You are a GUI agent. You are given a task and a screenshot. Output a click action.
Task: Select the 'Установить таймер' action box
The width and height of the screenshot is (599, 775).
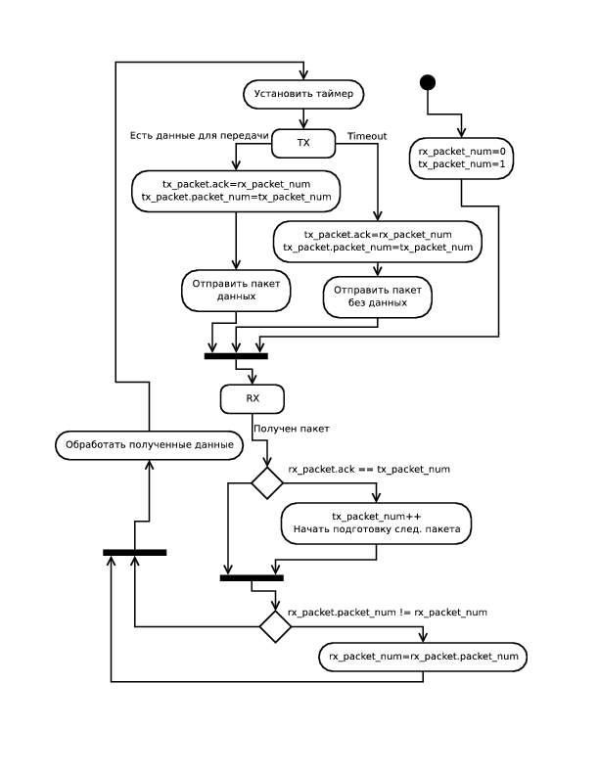(x=303, y=95)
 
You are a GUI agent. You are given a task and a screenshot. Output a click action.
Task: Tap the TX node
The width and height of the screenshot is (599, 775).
(x=303, y=144)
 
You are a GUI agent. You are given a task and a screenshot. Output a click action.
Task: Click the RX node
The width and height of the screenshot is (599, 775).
(x=253, y=398)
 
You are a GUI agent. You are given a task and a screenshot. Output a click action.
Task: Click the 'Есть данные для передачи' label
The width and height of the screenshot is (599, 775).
(x=199, y=133)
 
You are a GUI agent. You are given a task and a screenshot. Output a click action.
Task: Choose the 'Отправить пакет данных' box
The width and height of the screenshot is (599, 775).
(x=236, y=290)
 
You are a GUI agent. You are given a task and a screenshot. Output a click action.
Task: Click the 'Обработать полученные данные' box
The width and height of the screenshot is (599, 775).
(x=150, y=445)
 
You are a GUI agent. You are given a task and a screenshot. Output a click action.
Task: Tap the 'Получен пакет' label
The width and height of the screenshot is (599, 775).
(x=292, y=429)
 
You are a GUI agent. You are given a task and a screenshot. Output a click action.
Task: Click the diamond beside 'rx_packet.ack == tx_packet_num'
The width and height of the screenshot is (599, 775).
(x=267, y=481)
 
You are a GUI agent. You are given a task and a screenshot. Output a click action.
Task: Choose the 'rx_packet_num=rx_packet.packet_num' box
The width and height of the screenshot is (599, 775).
(x=423, y=656)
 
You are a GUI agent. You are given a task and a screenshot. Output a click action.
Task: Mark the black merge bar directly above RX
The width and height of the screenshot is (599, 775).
(x=236, y=355)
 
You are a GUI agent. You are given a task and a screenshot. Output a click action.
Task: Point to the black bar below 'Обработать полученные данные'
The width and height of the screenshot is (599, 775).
(x=134, y=552)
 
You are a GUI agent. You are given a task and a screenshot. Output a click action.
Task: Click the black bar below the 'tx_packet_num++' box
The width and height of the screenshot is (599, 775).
(x=252, y=577)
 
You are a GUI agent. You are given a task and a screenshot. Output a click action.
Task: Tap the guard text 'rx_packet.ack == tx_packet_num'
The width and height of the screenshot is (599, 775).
(x=369, y=470)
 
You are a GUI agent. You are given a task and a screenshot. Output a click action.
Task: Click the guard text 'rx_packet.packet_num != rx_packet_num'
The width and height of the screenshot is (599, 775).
(x=388, y=612)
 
